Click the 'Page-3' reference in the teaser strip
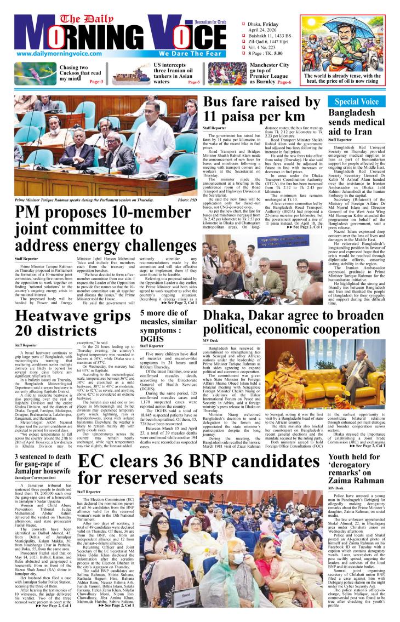[96, 81]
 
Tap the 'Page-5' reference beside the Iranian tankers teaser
[193, 82]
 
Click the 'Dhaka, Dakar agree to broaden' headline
[294, 323]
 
